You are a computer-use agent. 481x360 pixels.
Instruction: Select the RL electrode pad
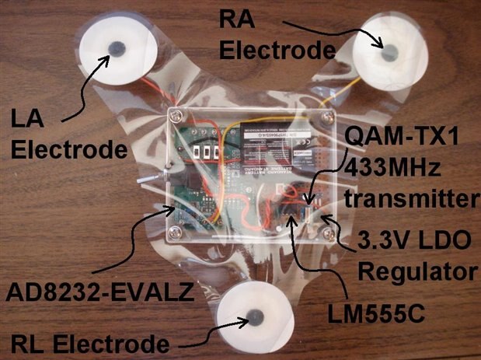pos(252,316)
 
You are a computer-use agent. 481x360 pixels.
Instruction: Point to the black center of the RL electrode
pos(253,317)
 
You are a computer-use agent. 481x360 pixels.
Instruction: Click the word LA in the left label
pos(30,121)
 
